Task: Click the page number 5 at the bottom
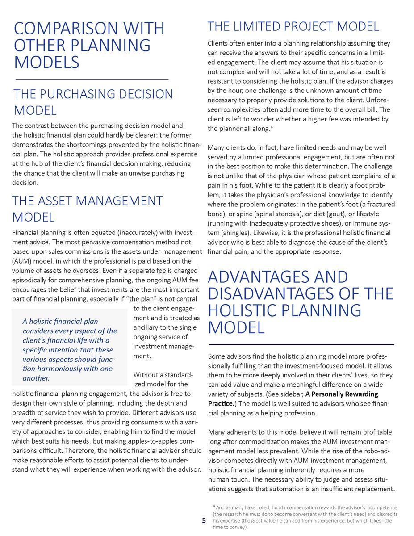[204, 520]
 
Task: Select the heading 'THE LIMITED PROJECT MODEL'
[293, 26]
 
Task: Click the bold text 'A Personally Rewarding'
[342, 394]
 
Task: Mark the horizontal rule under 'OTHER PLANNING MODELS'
[92, 79]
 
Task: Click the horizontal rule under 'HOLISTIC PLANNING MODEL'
[301, 345]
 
